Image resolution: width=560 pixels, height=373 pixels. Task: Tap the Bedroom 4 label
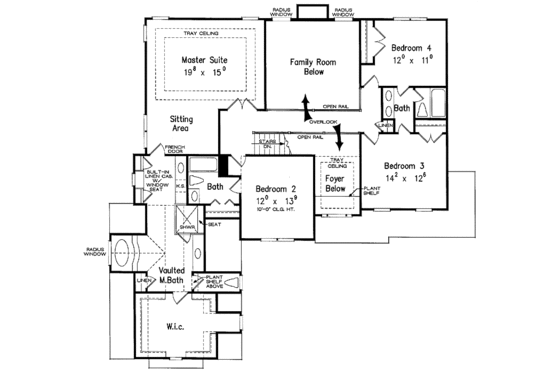412,47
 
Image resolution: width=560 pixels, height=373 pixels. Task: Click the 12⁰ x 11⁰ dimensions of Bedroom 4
412,60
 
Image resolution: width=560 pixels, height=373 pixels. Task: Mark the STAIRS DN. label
267,145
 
